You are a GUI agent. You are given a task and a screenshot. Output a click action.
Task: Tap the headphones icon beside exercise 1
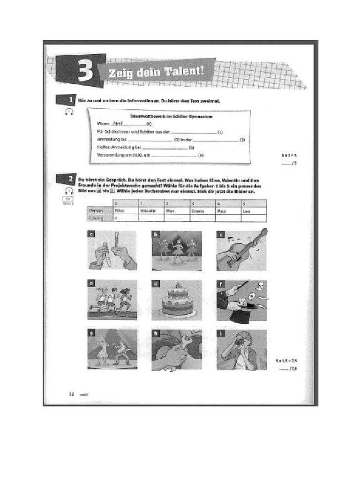pyautogui.click(x=69, y=112)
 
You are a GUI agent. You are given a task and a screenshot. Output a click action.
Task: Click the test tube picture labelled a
pyautogui.click(x=112, y=250)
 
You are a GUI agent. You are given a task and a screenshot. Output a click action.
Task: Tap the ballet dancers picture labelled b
pyautogui.click(x=177, y=250)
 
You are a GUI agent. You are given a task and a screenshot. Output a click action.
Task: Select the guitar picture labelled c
pyautogui.click(x=242, y=250)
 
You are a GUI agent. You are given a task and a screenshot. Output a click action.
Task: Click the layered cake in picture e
pyautogui.click(x=177, y=302)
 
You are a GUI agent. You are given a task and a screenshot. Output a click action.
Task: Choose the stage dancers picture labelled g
pyautogui.click(x=112, y=350)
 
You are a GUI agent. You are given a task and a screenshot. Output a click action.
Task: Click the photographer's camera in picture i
pyautogui.click(x=239, y=343)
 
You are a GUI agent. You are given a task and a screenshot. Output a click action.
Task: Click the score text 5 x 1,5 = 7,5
pyautogui.click(x=285, y=361)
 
